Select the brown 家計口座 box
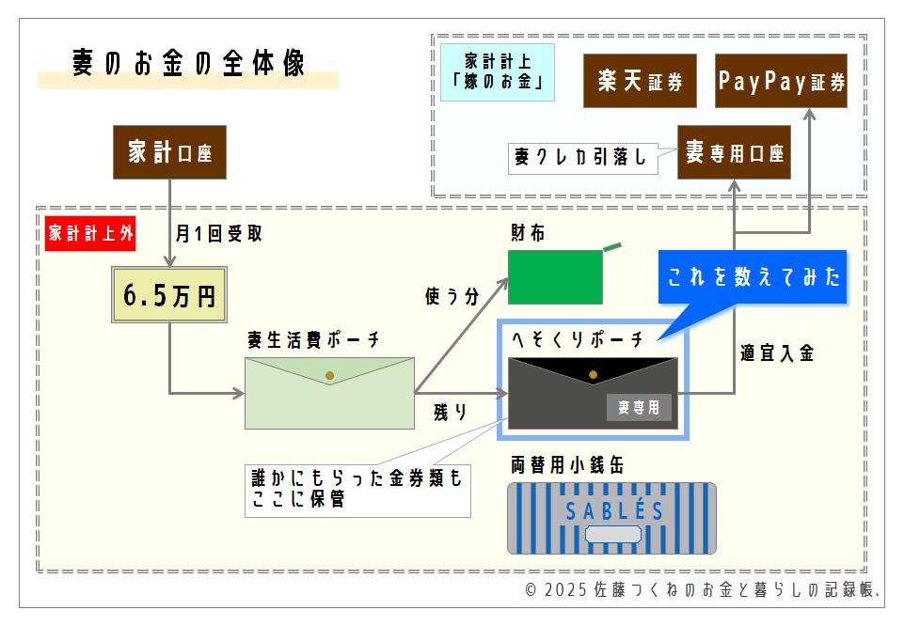point(169,151)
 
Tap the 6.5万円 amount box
point(169,295)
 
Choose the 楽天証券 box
point(640,81)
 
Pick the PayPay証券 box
point(781,81)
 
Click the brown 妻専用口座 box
point(734,151)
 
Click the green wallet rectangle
point(555,277)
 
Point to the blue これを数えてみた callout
point(752,277)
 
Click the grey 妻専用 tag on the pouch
point(639,407)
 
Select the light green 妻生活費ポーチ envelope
point(329,393)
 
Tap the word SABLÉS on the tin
point(614,512)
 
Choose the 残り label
point(451,411)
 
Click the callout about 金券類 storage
point(357,489)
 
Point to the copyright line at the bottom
point(702,590)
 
